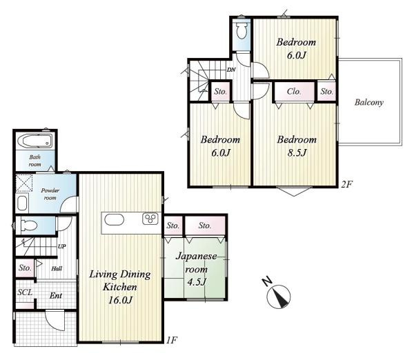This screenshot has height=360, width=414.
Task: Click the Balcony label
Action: (x=369, y=102)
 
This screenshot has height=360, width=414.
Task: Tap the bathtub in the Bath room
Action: (x=35, y=141)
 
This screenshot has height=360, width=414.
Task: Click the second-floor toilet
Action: (x=241, y=30)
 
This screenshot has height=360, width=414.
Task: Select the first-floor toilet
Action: (x=28, y=226)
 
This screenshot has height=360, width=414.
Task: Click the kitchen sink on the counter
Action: (x=114, y=219)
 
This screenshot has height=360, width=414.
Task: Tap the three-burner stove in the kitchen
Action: (x=150, y=219)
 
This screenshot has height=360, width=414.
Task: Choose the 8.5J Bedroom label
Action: (x=297, y=146)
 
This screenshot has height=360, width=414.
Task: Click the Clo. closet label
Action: (x=294, y=92)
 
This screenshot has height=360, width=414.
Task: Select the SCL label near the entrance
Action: (x=25, y=292)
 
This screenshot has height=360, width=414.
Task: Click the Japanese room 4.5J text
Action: (x=196, y=269)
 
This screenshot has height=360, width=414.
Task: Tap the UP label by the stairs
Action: (x=62, y=246)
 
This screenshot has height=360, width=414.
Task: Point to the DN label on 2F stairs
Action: (x=231, y=70)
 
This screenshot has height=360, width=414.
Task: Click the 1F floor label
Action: (x=172, y=340)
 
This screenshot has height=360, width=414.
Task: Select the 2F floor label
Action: (x=346, y=184)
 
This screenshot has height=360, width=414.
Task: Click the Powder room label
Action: (x=50, y=194)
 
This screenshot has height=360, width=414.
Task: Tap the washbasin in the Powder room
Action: (x=22, y=203)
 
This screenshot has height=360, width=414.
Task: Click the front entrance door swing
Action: (x=55, y=321)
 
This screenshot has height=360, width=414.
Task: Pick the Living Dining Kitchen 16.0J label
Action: (x=120, y=287)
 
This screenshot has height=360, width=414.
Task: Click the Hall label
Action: (x=57, y=269)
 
